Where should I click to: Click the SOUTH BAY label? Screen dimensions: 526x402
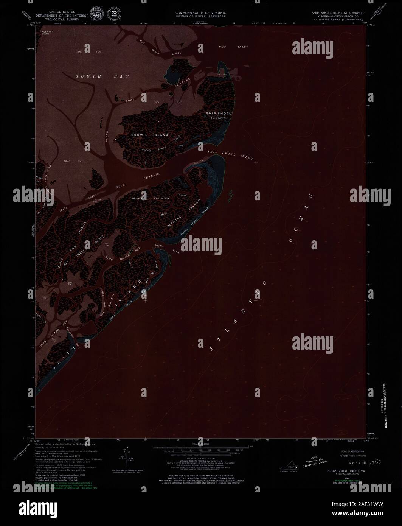102,76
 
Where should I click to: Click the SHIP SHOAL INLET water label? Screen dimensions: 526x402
230,155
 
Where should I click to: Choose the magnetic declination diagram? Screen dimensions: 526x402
125,457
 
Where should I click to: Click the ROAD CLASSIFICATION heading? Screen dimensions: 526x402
352,451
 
